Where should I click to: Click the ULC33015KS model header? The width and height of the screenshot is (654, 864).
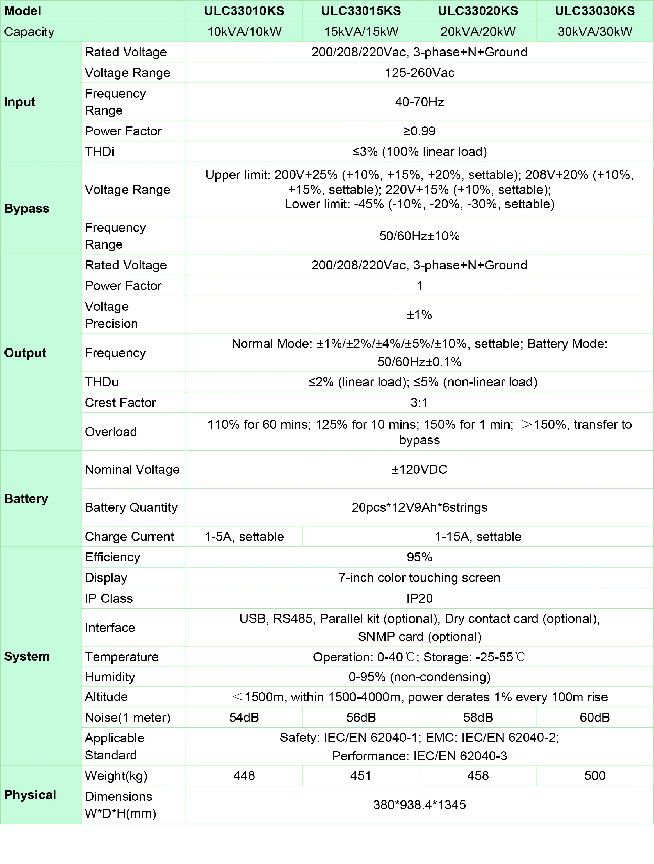361,11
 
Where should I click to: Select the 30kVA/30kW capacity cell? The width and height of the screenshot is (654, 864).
595,32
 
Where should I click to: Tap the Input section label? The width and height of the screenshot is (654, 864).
20,102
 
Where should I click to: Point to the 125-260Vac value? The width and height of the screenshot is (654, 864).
419,73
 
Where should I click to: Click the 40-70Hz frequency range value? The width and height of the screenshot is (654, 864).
419,102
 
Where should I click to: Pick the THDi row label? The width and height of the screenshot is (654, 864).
100,151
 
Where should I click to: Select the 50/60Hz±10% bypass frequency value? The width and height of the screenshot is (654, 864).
419,236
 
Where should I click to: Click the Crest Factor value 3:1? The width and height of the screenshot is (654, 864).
419,402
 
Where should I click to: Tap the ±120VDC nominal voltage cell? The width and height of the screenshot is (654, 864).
419,469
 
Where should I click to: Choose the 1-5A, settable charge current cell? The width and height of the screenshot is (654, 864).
244,536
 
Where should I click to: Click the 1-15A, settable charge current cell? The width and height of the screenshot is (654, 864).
478,536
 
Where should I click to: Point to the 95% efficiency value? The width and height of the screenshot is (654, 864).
419,557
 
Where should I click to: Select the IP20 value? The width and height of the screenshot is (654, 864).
419,598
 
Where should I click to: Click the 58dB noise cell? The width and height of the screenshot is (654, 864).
478,717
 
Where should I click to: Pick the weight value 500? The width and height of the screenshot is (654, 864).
595,775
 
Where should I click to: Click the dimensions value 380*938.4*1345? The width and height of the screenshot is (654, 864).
419,805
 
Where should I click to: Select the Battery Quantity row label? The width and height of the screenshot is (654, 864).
131,507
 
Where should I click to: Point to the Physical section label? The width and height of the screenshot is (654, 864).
30,795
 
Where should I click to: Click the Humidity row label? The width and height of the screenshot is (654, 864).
110,677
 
